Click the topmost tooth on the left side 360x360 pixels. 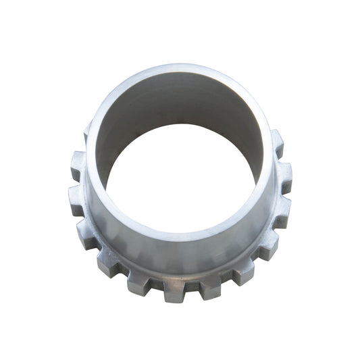coord(87,131)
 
